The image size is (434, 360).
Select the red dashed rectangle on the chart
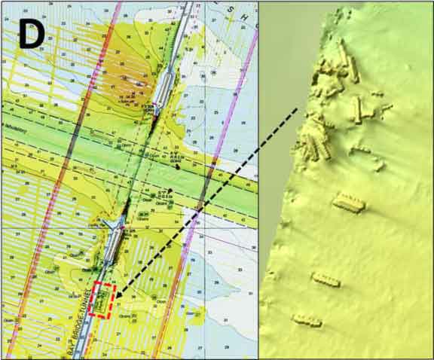point(102,300)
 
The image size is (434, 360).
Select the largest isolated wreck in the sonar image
point(349,202)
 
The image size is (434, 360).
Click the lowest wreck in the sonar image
point(307,322)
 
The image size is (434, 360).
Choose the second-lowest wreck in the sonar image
point(326,280)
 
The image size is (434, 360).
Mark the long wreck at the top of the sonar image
point(347,60)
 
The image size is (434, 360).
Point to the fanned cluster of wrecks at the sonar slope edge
point(317,139)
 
